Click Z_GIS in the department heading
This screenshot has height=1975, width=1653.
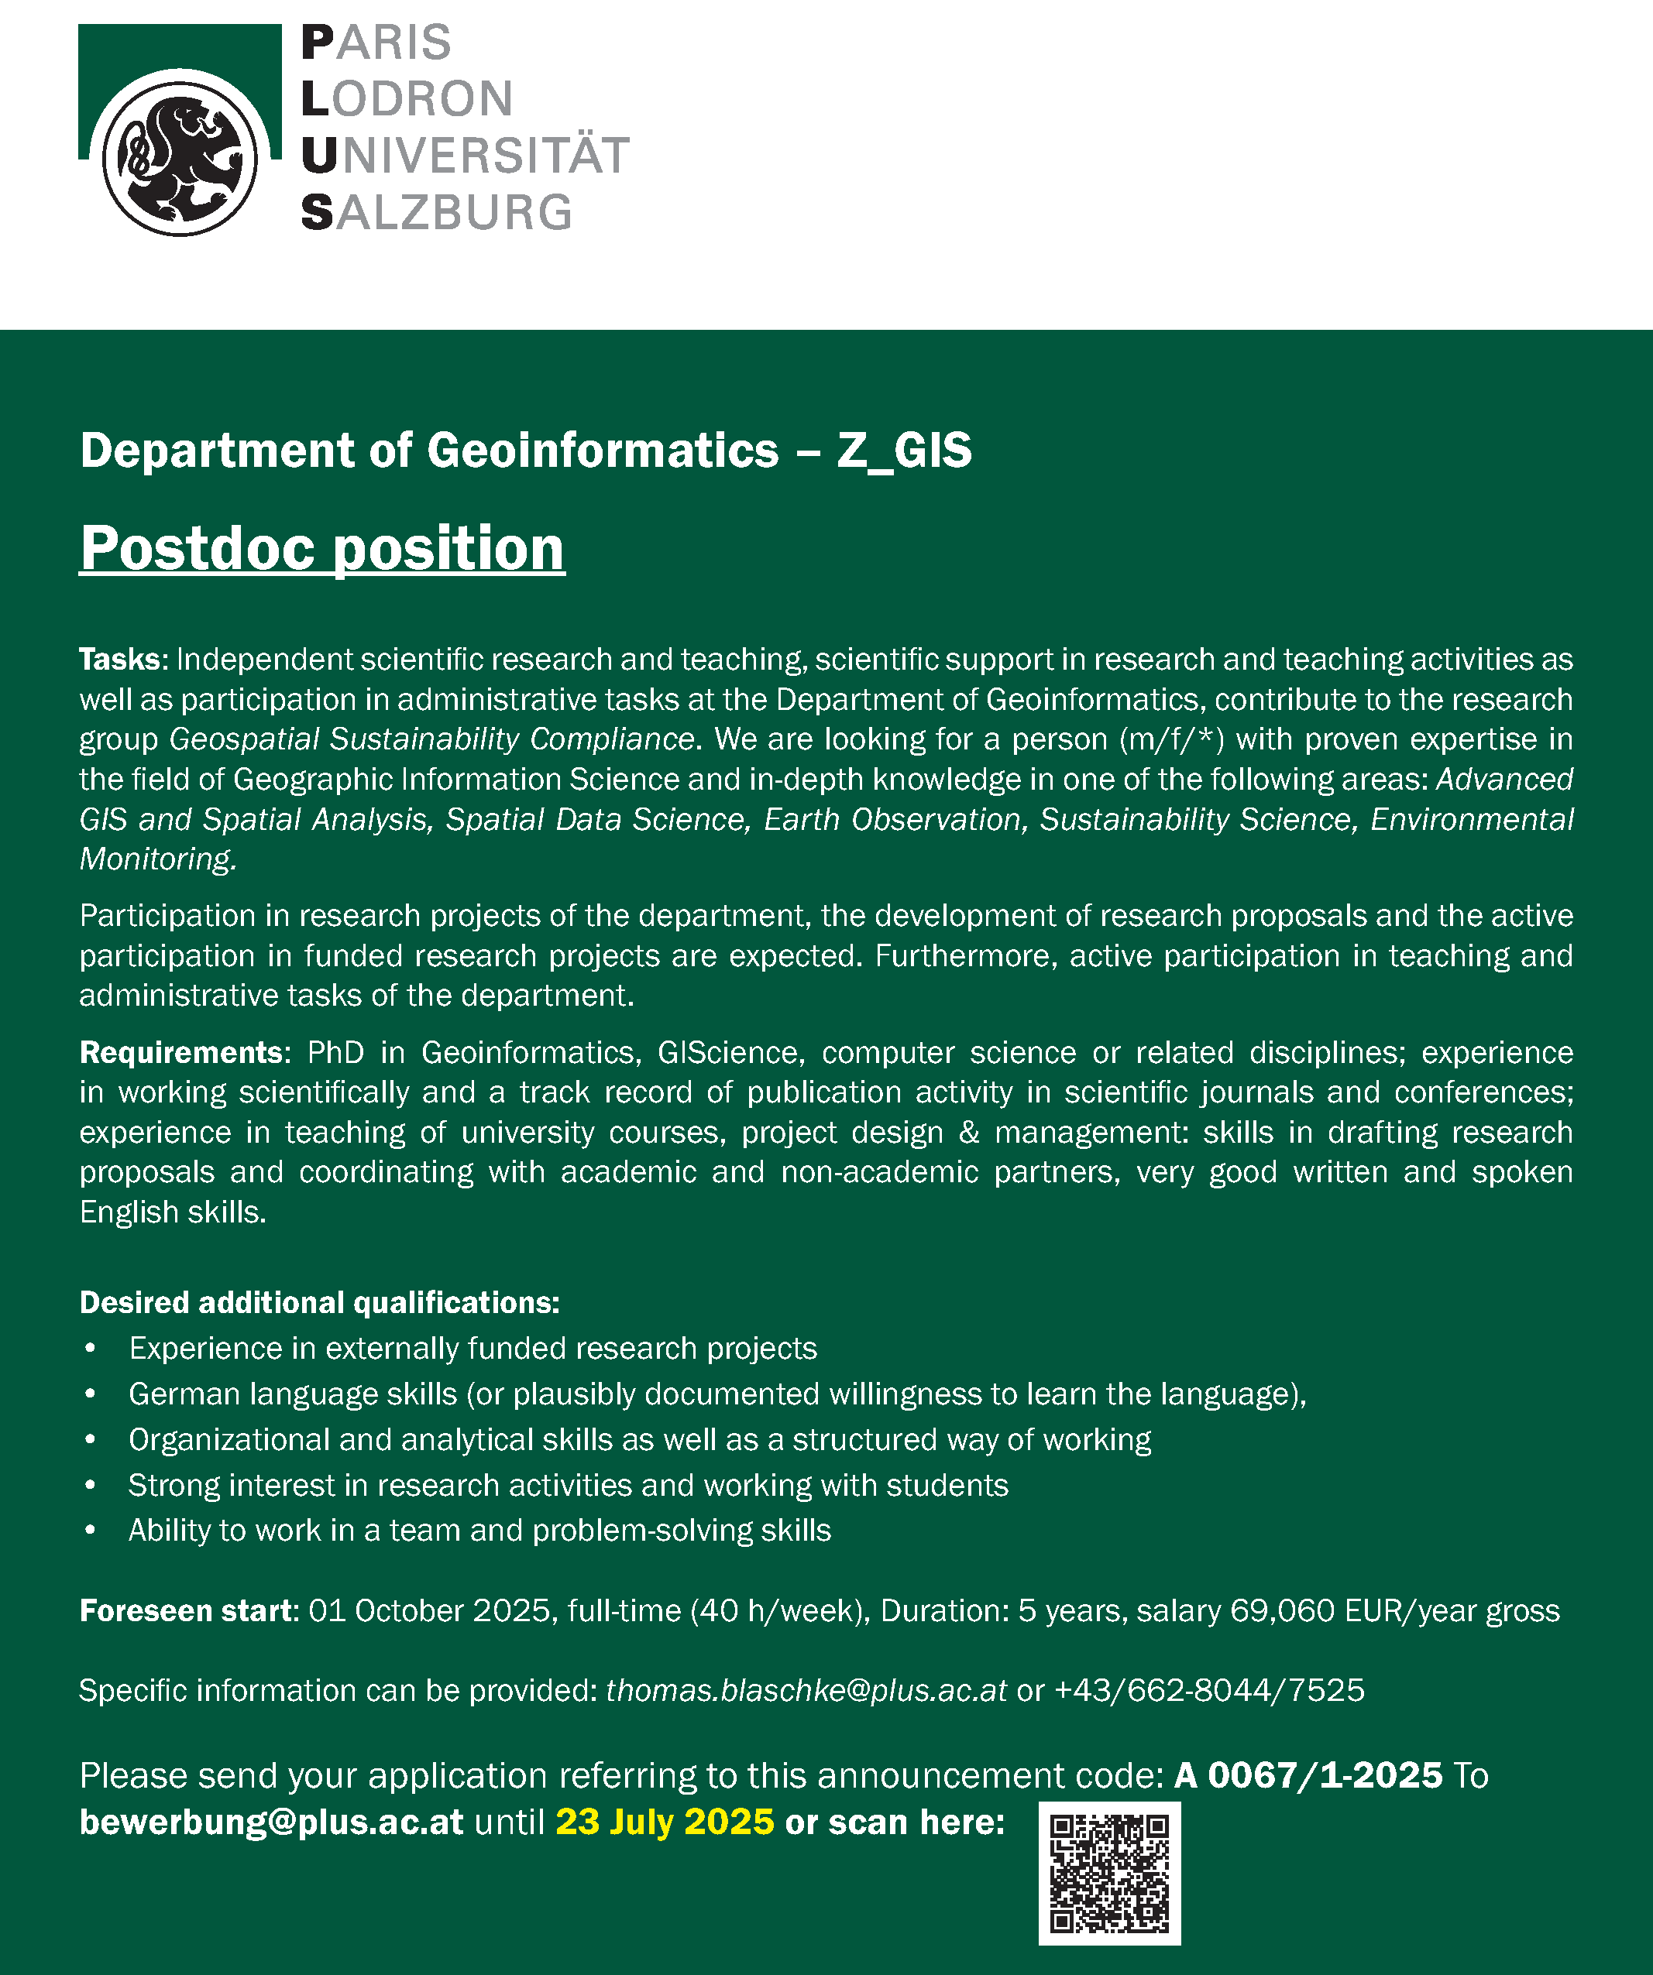(903, 450)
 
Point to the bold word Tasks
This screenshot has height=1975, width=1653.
(122, 660)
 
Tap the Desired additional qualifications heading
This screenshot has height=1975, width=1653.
(319, 1302)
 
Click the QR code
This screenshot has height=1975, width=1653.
(1109, 1873)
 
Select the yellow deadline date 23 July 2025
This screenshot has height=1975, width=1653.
(664, 1822)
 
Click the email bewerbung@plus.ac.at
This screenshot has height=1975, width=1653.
(271, 1822)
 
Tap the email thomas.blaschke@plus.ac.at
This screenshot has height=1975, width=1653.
(806, 1690)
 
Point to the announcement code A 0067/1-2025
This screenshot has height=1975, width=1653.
(1308, 1775)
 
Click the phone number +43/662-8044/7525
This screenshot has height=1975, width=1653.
(1209, 1690)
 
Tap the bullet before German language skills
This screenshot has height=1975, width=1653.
(91, 1394)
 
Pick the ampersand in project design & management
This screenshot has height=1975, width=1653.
(968, 1133)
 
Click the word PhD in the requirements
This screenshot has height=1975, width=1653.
(335, 1052)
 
